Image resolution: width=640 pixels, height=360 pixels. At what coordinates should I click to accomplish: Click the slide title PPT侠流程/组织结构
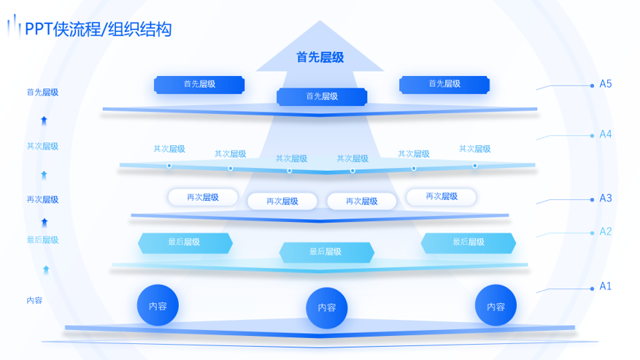click(x=98, y=29)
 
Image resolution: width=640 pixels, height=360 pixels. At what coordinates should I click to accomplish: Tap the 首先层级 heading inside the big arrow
click(x=320, y=57)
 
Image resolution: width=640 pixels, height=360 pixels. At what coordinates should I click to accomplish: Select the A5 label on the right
click(x=606, y=84)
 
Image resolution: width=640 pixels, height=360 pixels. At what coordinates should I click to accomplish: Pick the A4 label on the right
click(x=606, y=134)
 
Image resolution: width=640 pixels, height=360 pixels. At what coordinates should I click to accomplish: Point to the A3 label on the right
click(x=606, y=198)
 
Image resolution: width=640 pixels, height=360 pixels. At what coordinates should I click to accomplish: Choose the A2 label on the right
click(x=606, y=231)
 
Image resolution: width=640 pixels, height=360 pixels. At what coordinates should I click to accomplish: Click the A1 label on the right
click(x=605, y=286)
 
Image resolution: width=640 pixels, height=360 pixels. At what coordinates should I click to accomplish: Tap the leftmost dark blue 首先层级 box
click(x=199, y=85)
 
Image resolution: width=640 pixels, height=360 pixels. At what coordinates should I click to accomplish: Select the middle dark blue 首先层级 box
click(x=322, y=96)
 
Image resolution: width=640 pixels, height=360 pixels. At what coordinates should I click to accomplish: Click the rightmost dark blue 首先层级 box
click(x=444, y=85)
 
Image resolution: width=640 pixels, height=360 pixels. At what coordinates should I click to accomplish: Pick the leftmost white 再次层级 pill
click(x=203, y=197)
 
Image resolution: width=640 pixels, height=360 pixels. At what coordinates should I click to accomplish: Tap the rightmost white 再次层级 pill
click(x=441, y=196)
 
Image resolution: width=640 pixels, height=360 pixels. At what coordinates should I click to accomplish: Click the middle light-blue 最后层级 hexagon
click(x=326, y=252)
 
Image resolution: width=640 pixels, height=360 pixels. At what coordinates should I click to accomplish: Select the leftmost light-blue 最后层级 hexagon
click(x=185, y=242)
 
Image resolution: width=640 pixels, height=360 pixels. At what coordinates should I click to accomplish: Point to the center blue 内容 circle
click(x=326, y=308)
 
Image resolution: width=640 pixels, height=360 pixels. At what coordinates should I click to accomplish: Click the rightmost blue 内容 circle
click(x=496, y=306)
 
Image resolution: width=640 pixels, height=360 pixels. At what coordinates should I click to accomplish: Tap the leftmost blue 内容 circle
click(x=158, y=305)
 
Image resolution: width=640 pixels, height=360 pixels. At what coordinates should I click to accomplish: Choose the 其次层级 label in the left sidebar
click(x=42, y=146)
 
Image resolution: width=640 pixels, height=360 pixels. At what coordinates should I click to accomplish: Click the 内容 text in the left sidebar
click(x=34, y=300)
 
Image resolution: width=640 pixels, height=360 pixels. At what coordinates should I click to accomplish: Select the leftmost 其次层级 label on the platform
click(x=169, y=149)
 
